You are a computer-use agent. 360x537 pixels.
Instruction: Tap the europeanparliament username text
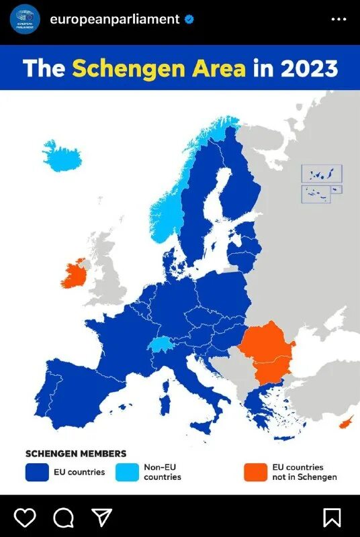[114, 19]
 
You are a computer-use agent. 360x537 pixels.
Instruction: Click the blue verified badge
[190, 19]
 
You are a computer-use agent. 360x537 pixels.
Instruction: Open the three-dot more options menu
[339, 19]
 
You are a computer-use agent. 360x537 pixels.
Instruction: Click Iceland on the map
[59, 156]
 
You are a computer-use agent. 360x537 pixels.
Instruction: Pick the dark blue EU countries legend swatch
[37, 472]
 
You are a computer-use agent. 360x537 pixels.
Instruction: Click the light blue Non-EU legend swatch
[127, 472]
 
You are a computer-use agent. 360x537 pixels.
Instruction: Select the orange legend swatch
[255, 472]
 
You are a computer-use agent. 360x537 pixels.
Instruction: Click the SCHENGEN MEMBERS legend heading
[75, 454]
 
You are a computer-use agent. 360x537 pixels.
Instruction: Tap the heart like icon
[26, 517]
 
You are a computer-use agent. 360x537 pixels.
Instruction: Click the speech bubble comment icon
[63, 517]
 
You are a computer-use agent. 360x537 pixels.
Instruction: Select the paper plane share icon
[101, 517]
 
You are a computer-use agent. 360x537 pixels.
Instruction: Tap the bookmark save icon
[332, 517]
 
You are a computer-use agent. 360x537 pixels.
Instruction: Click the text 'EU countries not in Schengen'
[304, 472]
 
